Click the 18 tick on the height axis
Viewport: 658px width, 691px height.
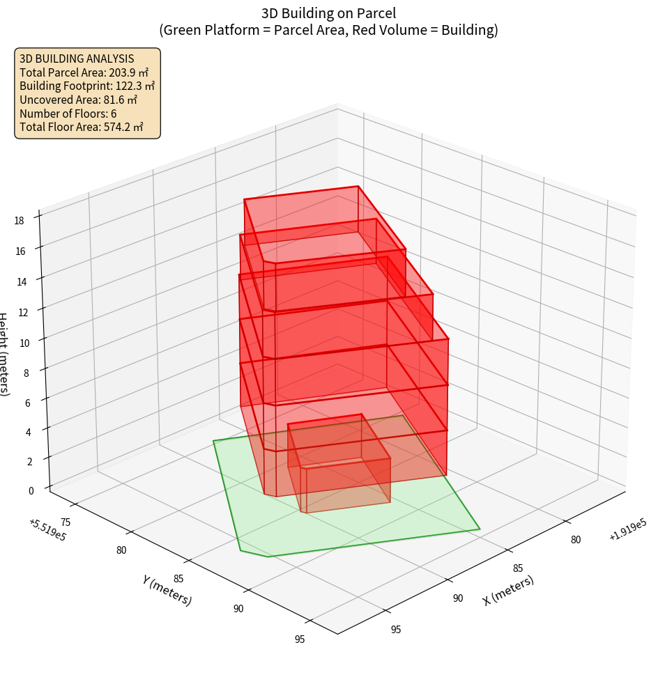click(x=20, y=221)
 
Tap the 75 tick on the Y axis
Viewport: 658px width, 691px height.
click(x=66, y=522)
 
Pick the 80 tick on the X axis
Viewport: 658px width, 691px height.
click(x=576, y=539)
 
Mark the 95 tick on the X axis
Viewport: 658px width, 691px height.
click(x=395, y=630)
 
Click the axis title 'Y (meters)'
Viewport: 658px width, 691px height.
click(x=167, y=590)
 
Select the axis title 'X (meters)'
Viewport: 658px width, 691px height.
click(x=508, y=590)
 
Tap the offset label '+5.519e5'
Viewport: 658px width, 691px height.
click(x=47, y=530)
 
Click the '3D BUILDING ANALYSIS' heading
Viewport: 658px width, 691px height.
click(x=77, y=59)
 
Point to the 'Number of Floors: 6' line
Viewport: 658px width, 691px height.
click(x=68, y=113)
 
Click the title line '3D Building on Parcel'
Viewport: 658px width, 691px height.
click(x=328, y=13)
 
